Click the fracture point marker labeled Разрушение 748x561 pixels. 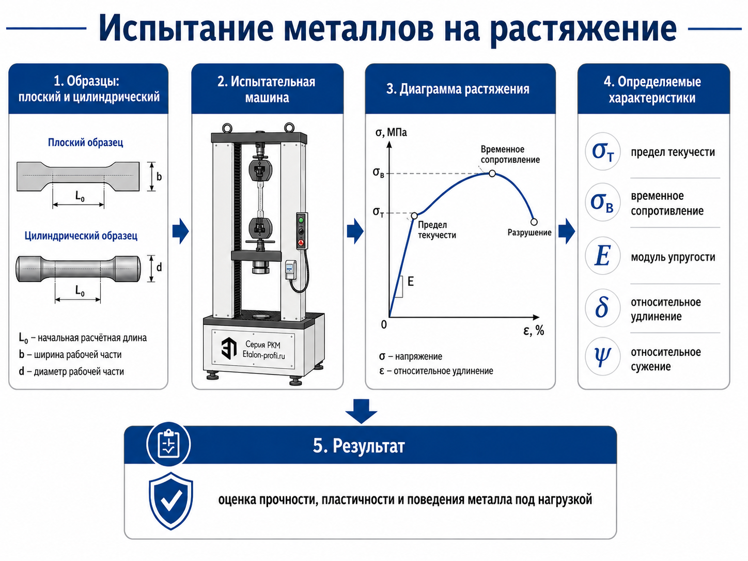(x=534, y=222)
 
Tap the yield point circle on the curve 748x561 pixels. (x=414, y=215)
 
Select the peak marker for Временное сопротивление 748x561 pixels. (x=492, y=174)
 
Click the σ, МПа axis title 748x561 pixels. (x=391, y=132)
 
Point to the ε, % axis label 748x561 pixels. (x=534, y=330)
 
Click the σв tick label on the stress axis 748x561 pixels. (x=378, y=173)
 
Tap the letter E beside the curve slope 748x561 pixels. (x=410, y=282)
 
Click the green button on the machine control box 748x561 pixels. (x=301, y=220)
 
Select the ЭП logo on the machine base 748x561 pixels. (x=229, y=348)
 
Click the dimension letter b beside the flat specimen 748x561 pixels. (x=159, y=177)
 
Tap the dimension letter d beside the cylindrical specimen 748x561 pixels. (x=159, y=268)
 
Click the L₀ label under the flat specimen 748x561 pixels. (x=80, y=196)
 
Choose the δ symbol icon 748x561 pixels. (x=602, y=307)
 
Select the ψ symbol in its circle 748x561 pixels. (x=602, y=356)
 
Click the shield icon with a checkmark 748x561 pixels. (x=171, y=501)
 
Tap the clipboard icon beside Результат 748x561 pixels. (x=168, y=444)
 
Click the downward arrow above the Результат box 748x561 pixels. (x=361, y=411)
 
